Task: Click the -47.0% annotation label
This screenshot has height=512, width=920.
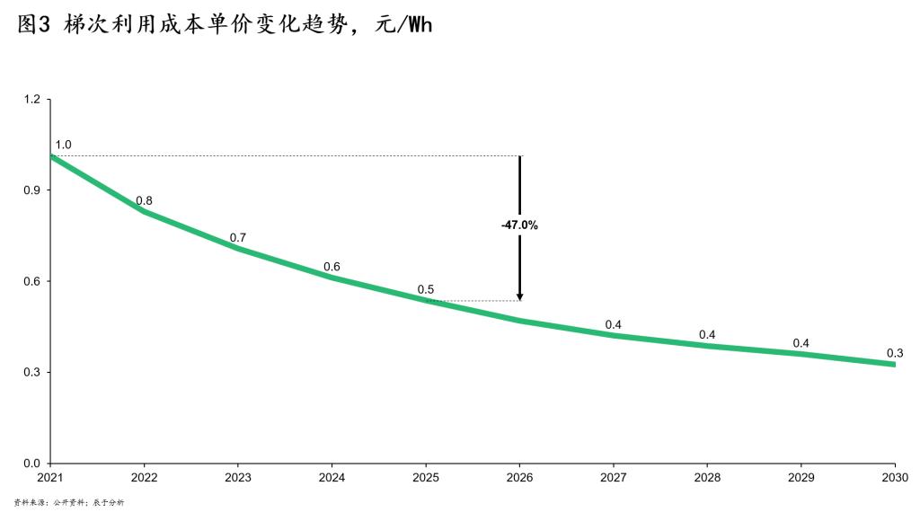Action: (x=519, y=225)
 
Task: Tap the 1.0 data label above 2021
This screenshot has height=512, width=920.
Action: (x=63, y=145)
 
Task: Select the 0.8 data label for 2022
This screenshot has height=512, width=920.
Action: (x=144, y=201)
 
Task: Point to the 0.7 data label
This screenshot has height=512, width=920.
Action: (x=238, y=238)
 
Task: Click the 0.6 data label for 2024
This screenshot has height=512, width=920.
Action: (x=332, y=267)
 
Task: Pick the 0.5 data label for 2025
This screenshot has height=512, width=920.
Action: (x=426, y=290)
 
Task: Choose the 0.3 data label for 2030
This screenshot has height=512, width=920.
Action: (x=895, y=353)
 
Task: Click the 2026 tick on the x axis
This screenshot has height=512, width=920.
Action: (x=519, y=477)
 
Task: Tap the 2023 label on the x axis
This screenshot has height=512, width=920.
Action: (x=238, y=477)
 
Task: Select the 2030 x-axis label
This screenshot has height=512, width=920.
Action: (x=895, y=477)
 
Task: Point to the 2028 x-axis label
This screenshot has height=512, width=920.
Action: (x=707, y=477)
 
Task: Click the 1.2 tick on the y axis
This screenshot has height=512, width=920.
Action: (x=31, y=99)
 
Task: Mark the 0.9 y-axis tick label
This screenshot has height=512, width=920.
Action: (x=31, y=190)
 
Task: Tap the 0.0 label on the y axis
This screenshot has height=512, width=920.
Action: (x=31, y=463)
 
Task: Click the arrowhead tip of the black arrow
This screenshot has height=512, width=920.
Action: (x=519, y=300)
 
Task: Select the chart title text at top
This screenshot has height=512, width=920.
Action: (x=225, y=25)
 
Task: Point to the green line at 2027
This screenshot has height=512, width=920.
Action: (x=614, y=335)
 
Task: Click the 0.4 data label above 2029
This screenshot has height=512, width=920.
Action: (x=801, y=343)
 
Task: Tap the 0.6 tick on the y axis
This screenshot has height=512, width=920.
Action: (x=31, y=281)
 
